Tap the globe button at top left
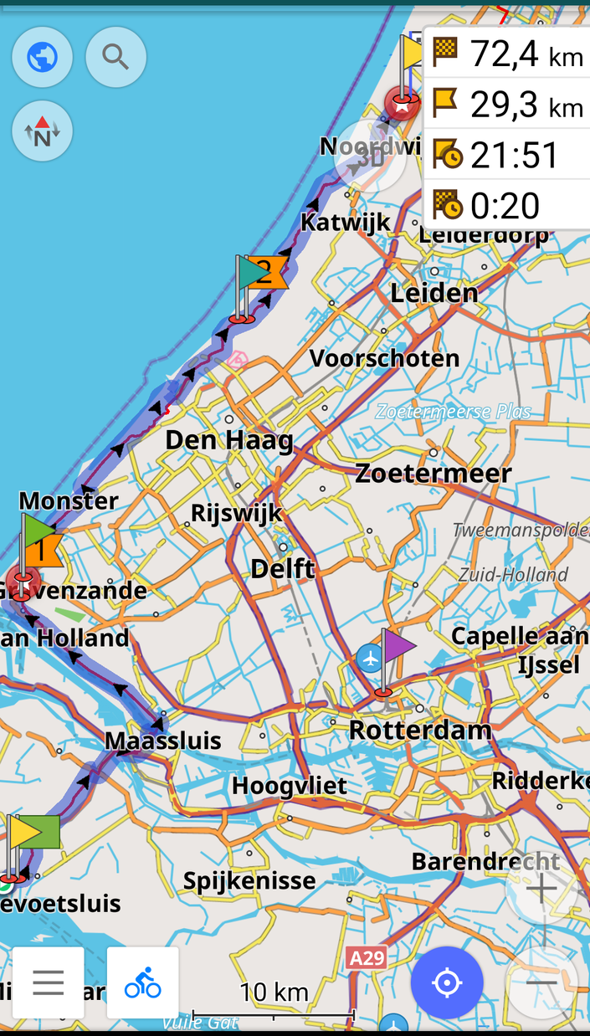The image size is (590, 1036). tap(42, 58)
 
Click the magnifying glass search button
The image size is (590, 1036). tap(115, 58)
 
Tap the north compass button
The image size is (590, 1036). tap(42, 131)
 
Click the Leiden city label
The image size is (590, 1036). tap(434, 293)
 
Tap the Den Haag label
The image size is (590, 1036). tap(229, 440)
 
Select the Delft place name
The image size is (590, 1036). tap(283, 569)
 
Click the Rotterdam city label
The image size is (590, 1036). tap(420, 730)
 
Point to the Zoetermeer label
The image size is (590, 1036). tap(433, 474)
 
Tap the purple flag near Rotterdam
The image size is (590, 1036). tap(397, 646)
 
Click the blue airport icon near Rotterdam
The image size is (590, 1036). tap(369, 658)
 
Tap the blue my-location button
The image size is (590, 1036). tap(447, 982)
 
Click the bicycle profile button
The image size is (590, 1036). tap(142, 982)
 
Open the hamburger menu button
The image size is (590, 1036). tap(49, 982)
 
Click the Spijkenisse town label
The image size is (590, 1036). tap(249, 880)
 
